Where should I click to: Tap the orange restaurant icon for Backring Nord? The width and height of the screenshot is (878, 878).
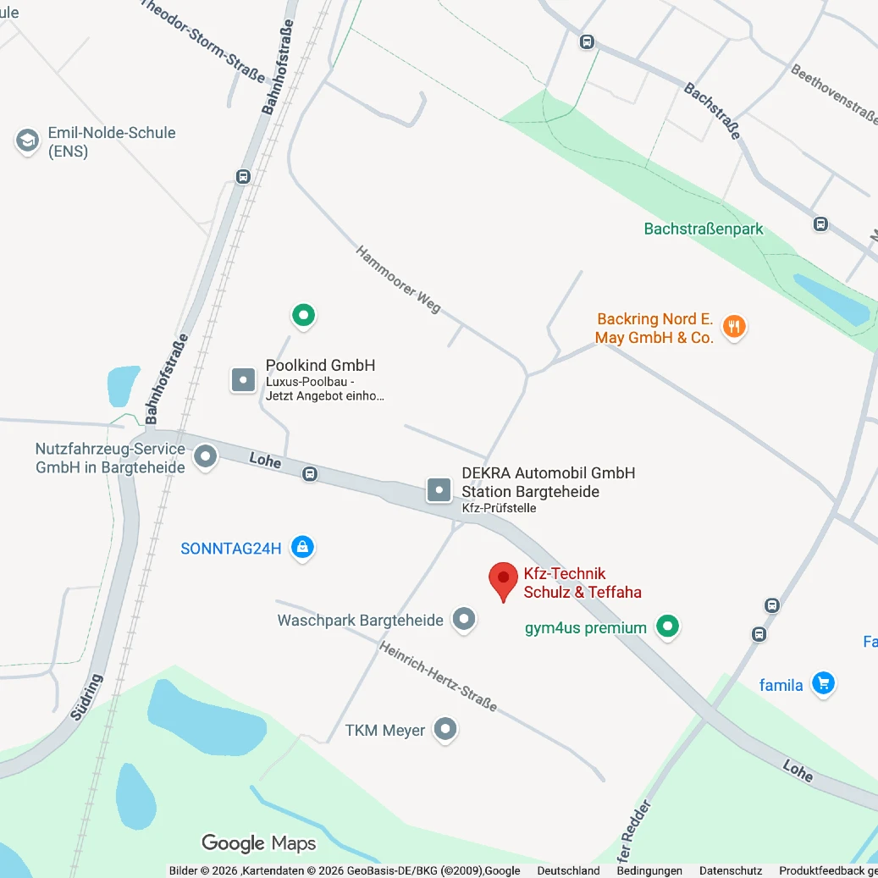pos(734,327)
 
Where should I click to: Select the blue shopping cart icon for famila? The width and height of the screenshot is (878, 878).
pos(822,683)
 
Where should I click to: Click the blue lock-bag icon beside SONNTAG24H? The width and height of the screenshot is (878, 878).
pos(302,548)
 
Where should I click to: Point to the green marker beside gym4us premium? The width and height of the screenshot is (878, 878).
pos(669,627)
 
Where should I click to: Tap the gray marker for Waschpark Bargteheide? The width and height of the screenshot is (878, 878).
pos(463,620)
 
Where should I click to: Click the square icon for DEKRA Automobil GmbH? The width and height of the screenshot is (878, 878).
pos(439,490)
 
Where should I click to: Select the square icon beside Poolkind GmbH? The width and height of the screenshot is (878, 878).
pos(244,379)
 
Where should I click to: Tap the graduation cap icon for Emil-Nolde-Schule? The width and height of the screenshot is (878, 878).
pos(28,141)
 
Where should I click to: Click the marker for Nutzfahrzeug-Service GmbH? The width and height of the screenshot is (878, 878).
pos(206,457)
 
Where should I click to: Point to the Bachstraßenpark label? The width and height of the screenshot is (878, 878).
pos(704,229)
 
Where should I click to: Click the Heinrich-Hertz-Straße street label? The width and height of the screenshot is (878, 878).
pos(438,676)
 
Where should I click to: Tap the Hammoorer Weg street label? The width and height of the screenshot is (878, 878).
pos(398,279)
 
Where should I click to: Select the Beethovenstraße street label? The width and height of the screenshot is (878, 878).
pos(835,94)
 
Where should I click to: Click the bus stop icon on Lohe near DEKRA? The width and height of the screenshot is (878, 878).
pos(311,474)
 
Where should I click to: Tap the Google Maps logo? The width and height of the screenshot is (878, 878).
pos(258,843)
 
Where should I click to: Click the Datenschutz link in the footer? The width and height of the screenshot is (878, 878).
pos(730,870)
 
